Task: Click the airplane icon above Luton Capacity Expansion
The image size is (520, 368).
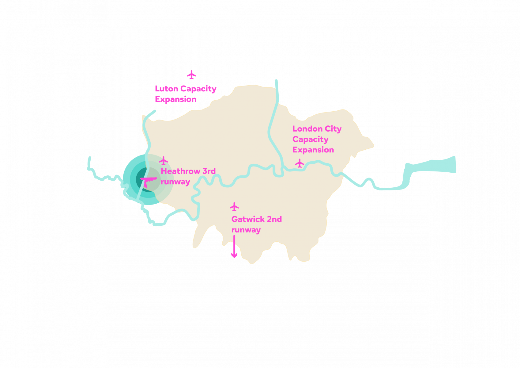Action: point(192,75)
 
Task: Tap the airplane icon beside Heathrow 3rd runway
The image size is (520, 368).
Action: point(164,160)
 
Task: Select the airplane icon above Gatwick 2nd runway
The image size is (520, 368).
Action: point(234,207)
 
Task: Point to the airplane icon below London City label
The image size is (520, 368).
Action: point(300,163)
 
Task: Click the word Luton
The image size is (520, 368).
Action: point(167,89)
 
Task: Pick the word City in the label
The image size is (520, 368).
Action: point(333,129)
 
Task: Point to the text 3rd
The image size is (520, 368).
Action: point(209,171)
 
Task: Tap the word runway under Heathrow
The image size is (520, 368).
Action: point(175,182)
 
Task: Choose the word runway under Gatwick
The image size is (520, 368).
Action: point(246,230)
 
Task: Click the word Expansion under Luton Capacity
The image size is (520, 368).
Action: point(176,99)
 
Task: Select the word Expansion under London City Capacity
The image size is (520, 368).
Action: point(313,150)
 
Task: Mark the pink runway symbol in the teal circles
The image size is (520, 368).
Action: point(148,179)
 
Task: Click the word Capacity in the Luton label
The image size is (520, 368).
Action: point(198,89)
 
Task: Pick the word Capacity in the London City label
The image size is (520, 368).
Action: point(310,140)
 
